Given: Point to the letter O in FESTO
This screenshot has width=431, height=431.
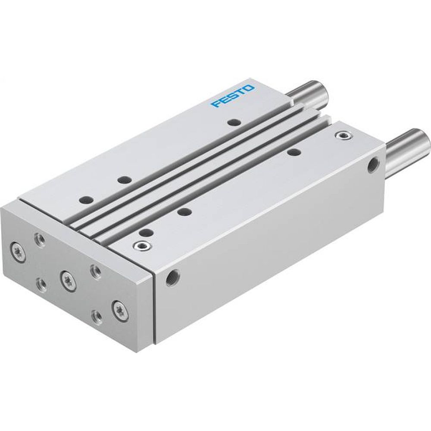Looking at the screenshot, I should pos(250,88).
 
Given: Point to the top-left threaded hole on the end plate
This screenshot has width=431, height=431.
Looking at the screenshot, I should pos(40,239).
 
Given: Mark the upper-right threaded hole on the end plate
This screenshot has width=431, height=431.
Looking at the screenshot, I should pos(95,271).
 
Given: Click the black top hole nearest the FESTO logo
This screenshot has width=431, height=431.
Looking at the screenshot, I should pos(234,122).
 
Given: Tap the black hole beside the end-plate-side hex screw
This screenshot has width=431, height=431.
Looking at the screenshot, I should pos(147,232).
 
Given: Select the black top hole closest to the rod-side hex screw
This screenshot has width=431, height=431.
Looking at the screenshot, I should pos(294,152).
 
